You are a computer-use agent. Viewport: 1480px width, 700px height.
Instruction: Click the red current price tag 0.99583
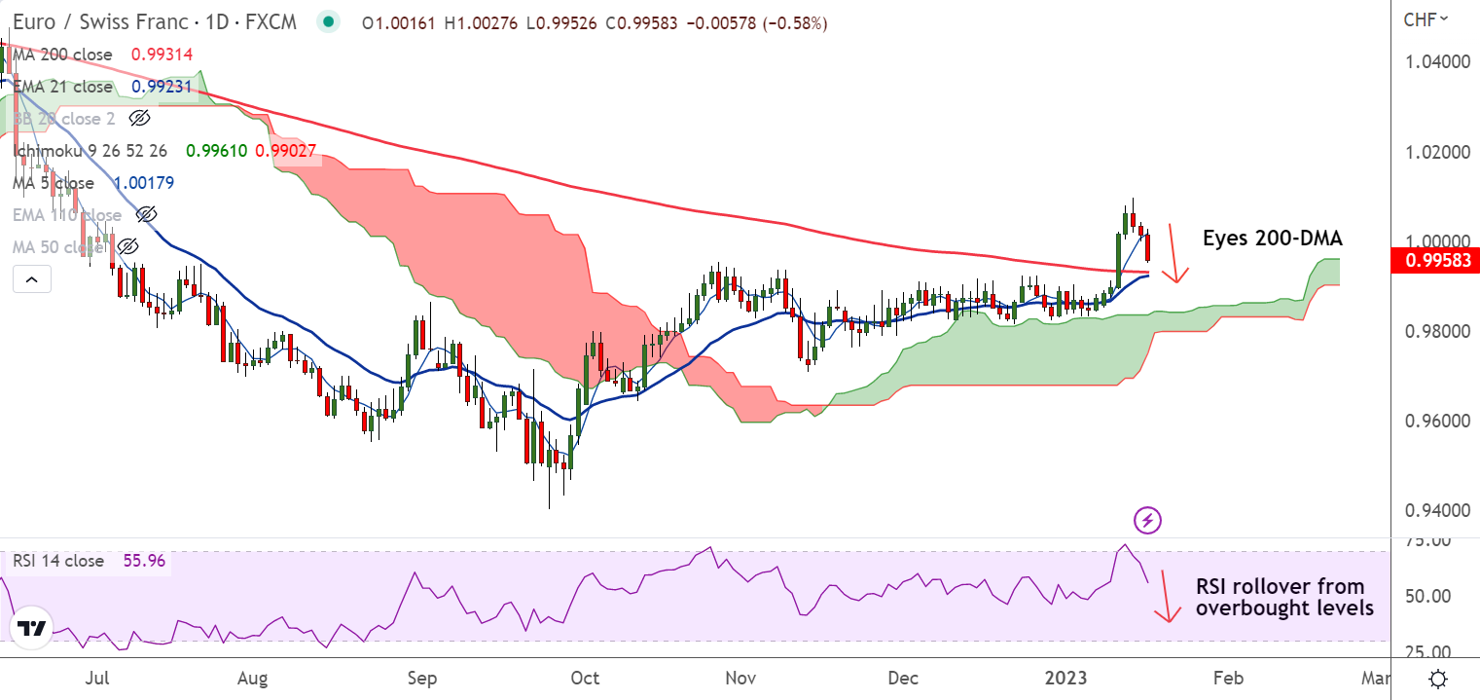[x=1435, y=260]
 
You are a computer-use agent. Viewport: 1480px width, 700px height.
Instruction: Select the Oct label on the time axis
[x=586, y=678]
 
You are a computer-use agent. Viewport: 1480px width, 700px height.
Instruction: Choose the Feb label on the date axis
[x=1229, y=678]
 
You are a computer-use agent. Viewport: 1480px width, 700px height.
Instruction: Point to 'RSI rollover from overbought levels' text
[x=1283, y=597]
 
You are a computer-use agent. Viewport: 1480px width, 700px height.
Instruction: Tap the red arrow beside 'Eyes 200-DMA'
[x=1174, y=254]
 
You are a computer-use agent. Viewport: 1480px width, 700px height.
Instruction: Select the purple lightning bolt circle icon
[x=1148, y=520]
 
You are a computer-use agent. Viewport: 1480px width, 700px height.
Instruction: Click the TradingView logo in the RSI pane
[x=33, y=629]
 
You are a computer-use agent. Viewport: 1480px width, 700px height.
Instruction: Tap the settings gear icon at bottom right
[x=1437, y=678]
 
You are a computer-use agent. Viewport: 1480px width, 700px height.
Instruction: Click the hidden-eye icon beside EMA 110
[x=146, y=215]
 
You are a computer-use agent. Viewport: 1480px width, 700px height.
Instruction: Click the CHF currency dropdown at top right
[x=1426, y=18]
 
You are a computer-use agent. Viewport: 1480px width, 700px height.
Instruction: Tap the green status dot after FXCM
[x=329, y=22]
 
